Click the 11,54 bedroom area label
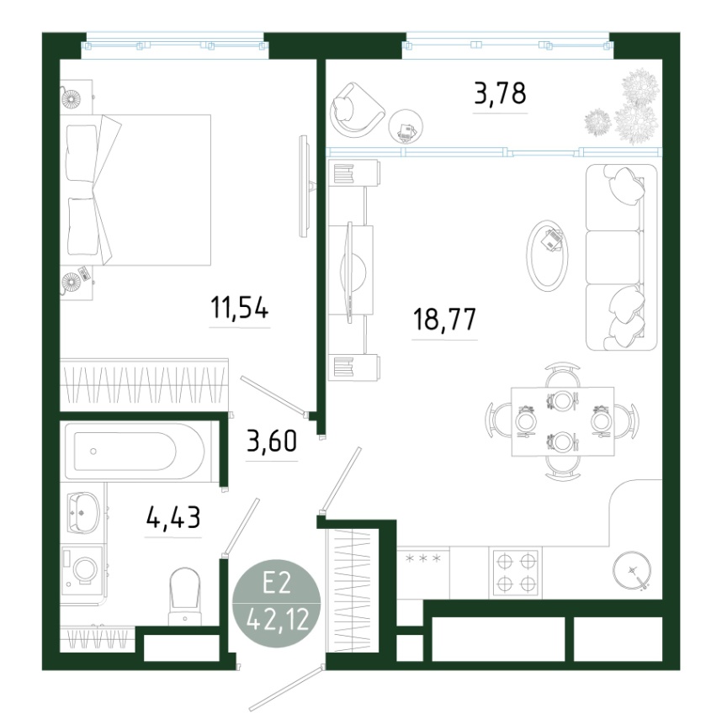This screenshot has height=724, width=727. [239, 308]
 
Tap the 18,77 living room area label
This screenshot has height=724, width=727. [444, 320]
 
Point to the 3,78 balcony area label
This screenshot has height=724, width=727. [501, 92]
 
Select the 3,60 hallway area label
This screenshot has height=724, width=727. [272, 441]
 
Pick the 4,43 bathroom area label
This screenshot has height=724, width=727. [173, 517]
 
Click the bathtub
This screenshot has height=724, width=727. [135, 451]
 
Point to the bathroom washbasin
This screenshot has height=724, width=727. [83, 512]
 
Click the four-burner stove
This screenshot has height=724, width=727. [516, 573]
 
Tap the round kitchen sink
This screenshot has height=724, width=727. [631, 570]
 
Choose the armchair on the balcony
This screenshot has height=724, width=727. [356, 109]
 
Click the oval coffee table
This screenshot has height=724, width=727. [548, 256]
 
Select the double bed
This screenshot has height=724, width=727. [135, 190]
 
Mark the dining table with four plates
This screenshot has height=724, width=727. [562, 421]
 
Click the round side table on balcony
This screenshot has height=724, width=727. [406, 126]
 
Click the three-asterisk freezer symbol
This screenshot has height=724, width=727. [423, 558]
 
